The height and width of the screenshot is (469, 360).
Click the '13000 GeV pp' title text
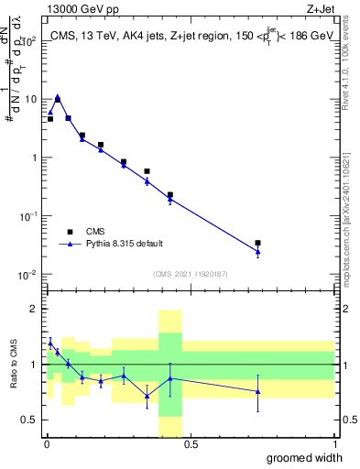point(83,8)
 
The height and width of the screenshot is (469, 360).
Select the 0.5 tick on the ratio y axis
point(29,420)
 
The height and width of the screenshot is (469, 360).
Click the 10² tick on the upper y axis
point(29,40)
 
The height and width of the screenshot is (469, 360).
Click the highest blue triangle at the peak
point(58,96)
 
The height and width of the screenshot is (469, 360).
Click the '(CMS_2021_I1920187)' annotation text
point(190,273)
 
